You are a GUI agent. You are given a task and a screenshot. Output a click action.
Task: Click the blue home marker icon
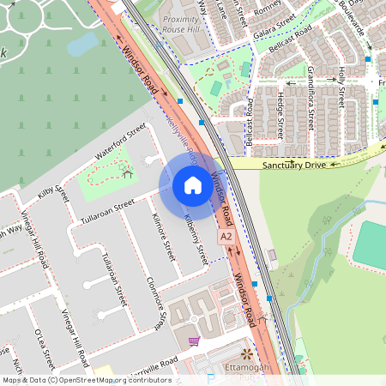(x=193, y=185)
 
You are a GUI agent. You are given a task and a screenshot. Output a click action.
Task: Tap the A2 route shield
(x=226, y=235)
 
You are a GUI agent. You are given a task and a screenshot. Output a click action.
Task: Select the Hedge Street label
(x=280, y=115)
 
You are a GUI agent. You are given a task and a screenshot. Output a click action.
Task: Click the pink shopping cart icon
(x=194, y=341)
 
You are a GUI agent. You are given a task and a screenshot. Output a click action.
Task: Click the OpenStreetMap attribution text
(x=86, y=380)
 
